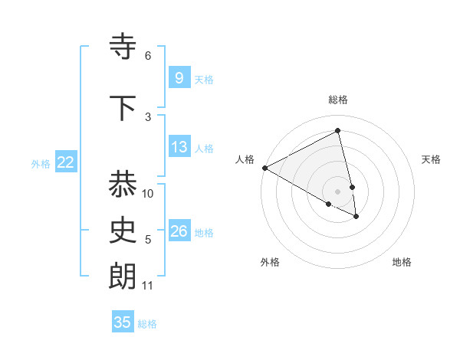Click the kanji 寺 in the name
click(x=123, y=47)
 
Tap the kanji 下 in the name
click(x=123, y=108)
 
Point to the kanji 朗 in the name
click(x=123, y=277)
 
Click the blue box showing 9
click(x=179, y=78)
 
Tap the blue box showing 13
click(x=179, y=147)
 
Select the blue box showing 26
click(x=179, y=231)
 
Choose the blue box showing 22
click(x=65, y=162)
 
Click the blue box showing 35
click(x=123, y=322)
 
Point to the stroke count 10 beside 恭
click(x=148, y=194)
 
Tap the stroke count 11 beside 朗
click(x=148, y=286)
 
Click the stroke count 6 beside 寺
click(x=148, y=56)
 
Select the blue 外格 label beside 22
click(x=41, y=163)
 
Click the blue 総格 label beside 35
click(x=147, y=324)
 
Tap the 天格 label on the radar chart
click(x=431, y=159)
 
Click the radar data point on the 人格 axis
click(x=264, y=168)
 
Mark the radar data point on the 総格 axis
click(x=338, y=131)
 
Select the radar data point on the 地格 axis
click(x=356, y=217)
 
